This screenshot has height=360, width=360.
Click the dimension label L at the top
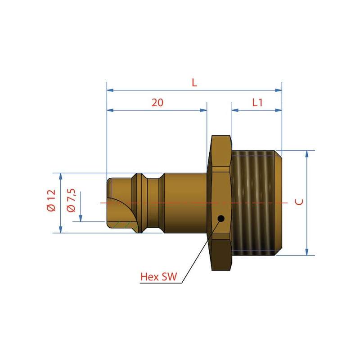[x=194, y=82]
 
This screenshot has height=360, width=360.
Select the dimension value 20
[x=157, y=103]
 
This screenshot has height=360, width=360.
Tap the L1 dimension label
[x=257, y=103]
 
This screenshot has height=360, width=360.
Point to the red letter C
[x=299, y=202]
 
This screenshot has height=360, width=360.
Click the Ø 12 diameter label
[x=51, y=200]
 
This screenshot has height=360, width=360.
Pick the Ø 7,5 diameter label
[x=71, y=200]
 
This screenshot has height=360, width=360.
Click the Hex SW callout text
[x=159, y=277]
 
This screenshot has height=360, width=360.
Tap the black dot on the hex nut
[x=221, y=218]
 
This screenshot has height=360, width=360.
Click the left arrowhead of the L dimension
[x=110, y=90]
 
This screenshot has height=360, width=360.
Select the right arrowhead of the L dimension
[x=279, y=90]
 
